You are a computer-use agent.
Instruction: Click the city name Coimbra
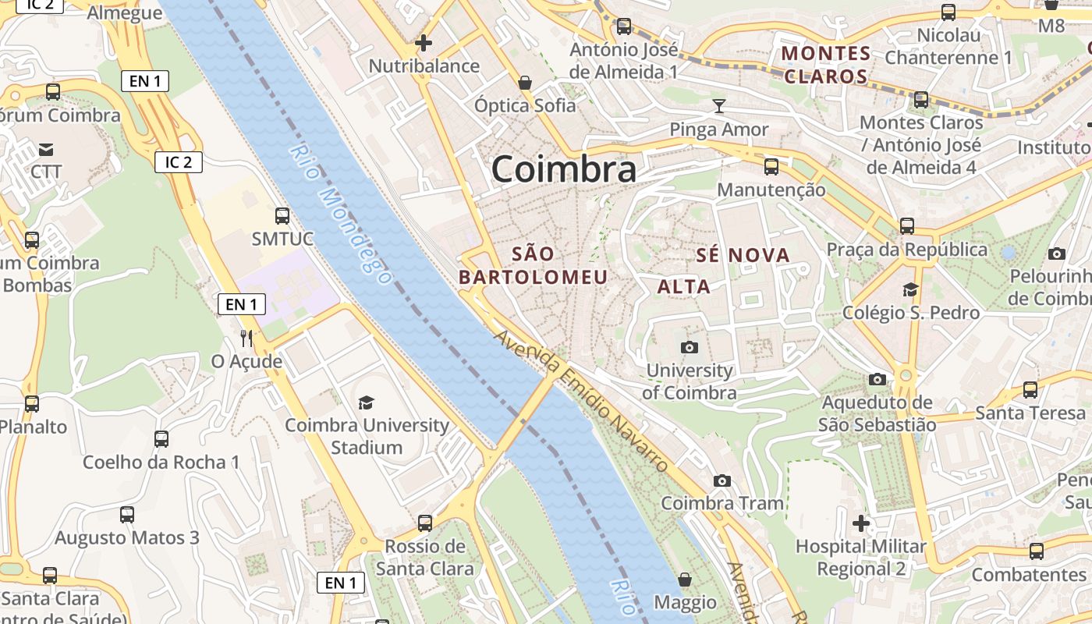(x=563, y=169)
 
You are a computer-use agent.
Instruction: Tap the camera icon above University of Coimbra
(x=690, y=347)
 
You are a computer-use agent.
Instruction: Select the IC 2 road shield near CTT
(x=179, y=162)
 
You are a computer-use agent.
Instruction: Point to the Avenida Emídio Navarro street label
(x=582, y=401)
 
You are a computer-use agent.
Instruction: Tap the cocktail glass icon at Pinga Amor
(x=719, y=105)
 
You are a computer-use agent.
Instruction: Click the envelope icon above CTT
(x=46, y=149)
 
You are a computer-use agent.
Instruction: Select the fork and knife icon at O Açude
(x=246, y=338)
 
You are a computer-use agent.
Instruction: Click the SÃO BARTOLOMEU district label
(x=534, y=265)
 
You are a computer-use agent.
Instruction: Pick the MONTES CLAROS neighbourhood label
(x=826, y=65)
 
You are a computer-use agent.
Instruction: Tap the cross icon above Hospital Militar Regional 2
(x=861, y=523)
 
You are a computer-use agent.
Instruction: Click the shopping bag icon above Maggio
(x=685, y=579)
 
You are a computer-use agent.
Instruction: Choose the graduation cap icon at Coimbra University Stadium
(x=366, y=402)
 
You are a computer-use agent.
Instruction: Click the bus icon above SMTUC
(x=282, y=215)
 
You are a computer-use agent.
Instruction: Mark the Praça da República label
(x=906, y=250)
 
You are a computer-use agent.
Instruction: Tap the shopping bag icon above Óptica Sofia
(x=526, y=82)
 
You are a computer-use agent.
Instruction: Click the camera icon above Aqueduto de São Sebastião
(x=877, y=379)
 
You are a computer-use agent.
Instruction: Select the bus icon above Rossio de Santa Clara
(x=425, y=523)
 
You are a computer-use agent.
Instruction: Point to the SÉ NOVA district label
(x=743, y=255)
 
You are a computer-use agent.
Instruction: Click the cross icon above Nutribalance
(x=424, y=42)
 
